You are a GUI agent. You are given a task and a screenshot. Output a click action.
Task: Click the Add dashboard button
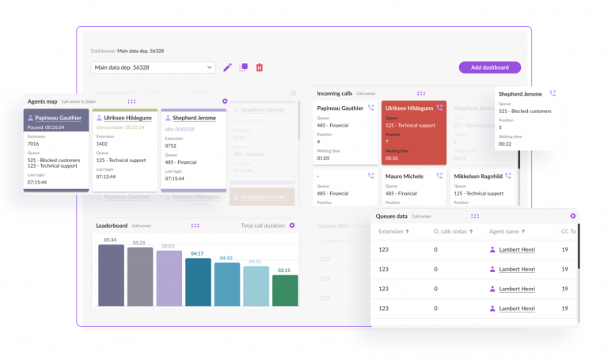point(489,67)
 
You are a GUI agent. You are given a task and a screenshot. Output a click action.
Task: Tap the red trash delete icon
point(260,67)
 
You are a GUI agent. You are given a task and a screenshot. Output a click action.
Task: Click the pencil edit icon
point(227,67)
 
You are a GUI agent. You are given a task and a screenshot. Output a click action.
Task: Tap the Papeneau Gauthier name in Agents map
point(59,118)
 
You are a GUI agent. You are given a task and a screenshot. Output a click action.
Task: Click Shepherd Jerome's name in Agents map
point(194,118)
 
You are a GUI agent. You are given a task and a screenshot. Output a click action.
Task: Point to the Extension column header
point(393,232)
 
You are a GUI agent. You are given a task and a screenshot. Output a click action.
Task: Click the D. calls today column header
point(453,232)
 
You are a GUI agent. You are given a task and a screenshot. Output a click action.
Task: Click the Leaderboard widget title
point(112,225)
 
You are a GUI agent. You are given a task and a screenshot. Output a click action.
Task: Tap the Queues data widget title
point(391,216)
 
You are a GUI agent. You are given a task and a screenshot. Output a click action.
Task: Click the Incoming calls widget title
point(334,93)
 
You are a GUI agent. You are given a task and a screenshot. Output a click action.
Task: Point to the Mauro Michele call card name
point(404,176)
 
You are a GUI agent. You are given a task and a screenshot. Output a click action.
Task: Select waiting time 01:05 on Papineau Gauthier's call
point(323,157)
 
